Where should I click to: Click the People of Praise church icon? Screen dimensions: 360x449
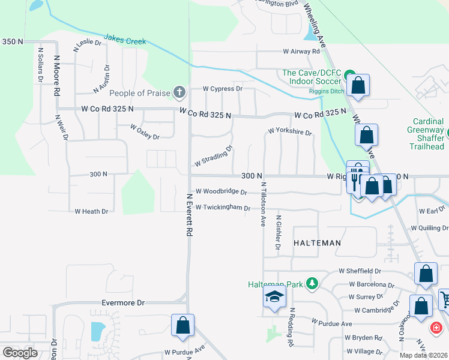[x=178, y=92]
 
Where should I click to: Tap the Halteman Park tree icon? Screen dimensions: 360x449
[x=312, y=283]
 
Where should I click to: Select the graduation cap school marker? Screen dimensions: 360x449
[x=274, y=297]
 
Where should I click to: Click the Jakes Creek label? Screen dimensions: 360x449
[x=125, y=40]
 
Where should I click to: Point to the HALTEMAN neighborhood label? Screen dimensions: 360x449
[x=317, y=243]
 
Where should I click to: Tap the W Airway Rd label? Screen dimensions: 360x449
[x=298, y=52]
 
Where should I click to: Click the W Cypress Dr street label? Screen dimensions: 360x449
[x=221, y=88]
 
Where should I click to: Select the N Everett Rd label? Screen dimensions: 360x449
[x=189, y=214]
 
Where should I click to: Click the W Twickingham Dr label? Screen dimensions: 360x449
[x=222, y=208]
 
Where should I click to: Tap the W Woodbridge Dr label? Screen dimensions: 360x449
[x=220, y=192]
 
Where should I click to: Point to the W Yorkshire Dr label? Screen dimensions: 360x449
[x=290, y=131]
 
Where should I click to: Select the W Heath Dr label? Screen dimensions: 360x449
[x=91, y=211]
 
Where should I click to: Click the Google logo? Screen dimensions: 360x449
[x=20, y=353]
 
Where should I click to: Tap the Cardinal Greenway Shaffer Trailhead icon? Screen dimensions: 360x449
[x=448, y=130]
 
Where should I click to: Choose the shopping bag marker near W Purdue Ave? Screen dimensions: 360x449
[x=182, y=326]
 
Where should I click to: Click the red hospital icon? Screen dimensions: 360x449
[x=436, y=328]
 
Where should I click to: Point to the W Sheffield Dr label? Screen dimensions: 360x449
[x=360, y=271]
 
